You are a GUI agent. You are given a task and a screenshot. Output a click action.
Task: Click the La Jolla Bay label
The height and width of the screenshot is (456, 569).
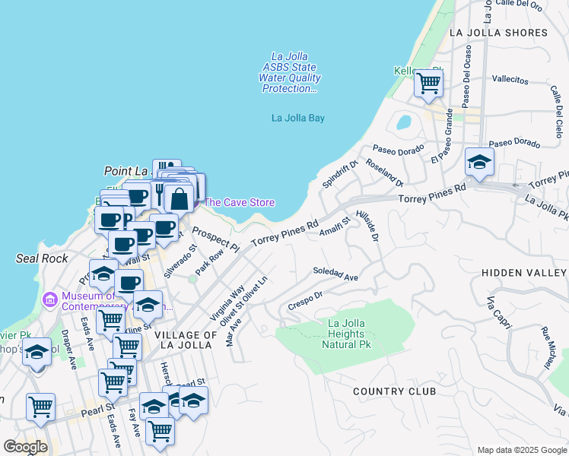298,118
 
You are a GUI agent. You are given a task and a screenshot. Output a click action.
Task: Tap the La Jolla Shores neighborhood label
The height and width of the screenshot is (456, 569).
498,33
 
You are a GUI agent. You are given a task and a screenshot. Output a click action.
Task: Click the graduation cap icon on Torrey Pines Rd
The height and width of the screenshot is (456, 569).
479,162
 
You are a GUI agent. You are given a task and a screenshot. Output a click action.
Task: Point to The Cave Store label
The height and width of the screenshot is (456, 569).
240,202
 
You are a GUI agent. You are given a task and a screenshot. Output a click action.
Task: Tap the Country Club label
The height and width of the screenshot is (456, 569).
394,391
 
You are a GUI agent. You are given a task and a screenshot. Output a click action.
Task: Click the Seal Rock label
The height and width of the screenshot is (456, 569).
42,258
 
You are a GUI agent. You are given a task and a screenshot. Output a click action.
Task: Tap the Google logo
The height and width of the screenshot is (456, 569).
25,446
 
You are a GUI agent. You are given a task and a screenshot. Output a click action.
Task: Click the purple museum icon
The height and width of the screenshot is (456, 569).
50,299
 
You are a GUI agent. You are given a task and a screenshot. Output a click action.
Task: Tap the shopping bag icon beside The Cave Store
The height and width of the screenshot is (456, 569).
180,200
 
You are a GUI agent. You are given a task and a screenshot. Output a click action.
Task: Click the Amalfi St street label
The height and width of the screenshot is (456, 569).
335,226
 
